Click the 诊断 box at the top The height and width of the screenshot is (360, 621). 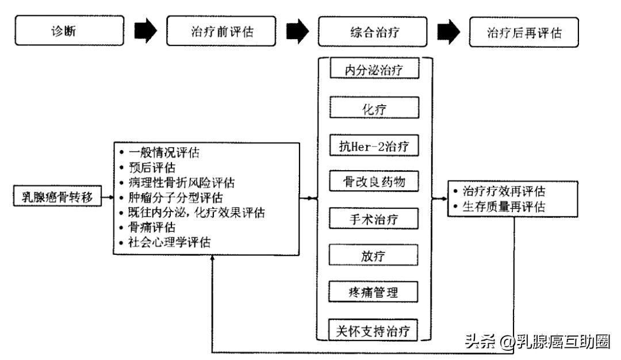click(69, 31)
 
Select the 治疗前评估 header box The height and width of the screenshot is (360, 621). click(221, 32)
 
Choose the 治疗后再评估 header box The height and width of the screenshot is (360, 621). click(524, 32)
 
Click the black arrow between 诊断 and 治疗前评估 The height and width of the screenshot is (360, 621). click(145, 32)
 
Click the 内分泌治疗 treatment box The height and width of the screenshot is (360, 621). click(374, 70)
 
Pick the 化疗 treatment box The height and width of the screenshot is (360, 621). click(374, 108)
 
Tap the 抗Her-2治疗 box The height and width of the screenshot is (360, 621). click(374, 145)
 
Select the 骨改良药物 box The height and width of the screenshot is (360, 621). click(374, 182)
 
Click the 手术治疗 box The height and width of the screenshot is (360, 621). click(374, 219)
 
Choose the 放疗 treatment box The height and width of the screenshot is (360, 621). click(374, 255)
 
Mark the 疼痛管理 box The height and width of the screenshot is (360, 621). click(374, 292)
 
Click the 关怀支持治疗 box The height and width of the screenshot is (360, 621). click(374, 331)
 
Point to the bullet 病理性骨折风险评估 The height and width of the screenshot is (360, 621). click(181, 182)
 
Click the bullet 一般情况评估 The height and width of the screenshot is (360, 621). click(163, 153)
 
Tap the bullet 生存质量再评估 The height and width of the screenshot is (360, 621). click(504, 206)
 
